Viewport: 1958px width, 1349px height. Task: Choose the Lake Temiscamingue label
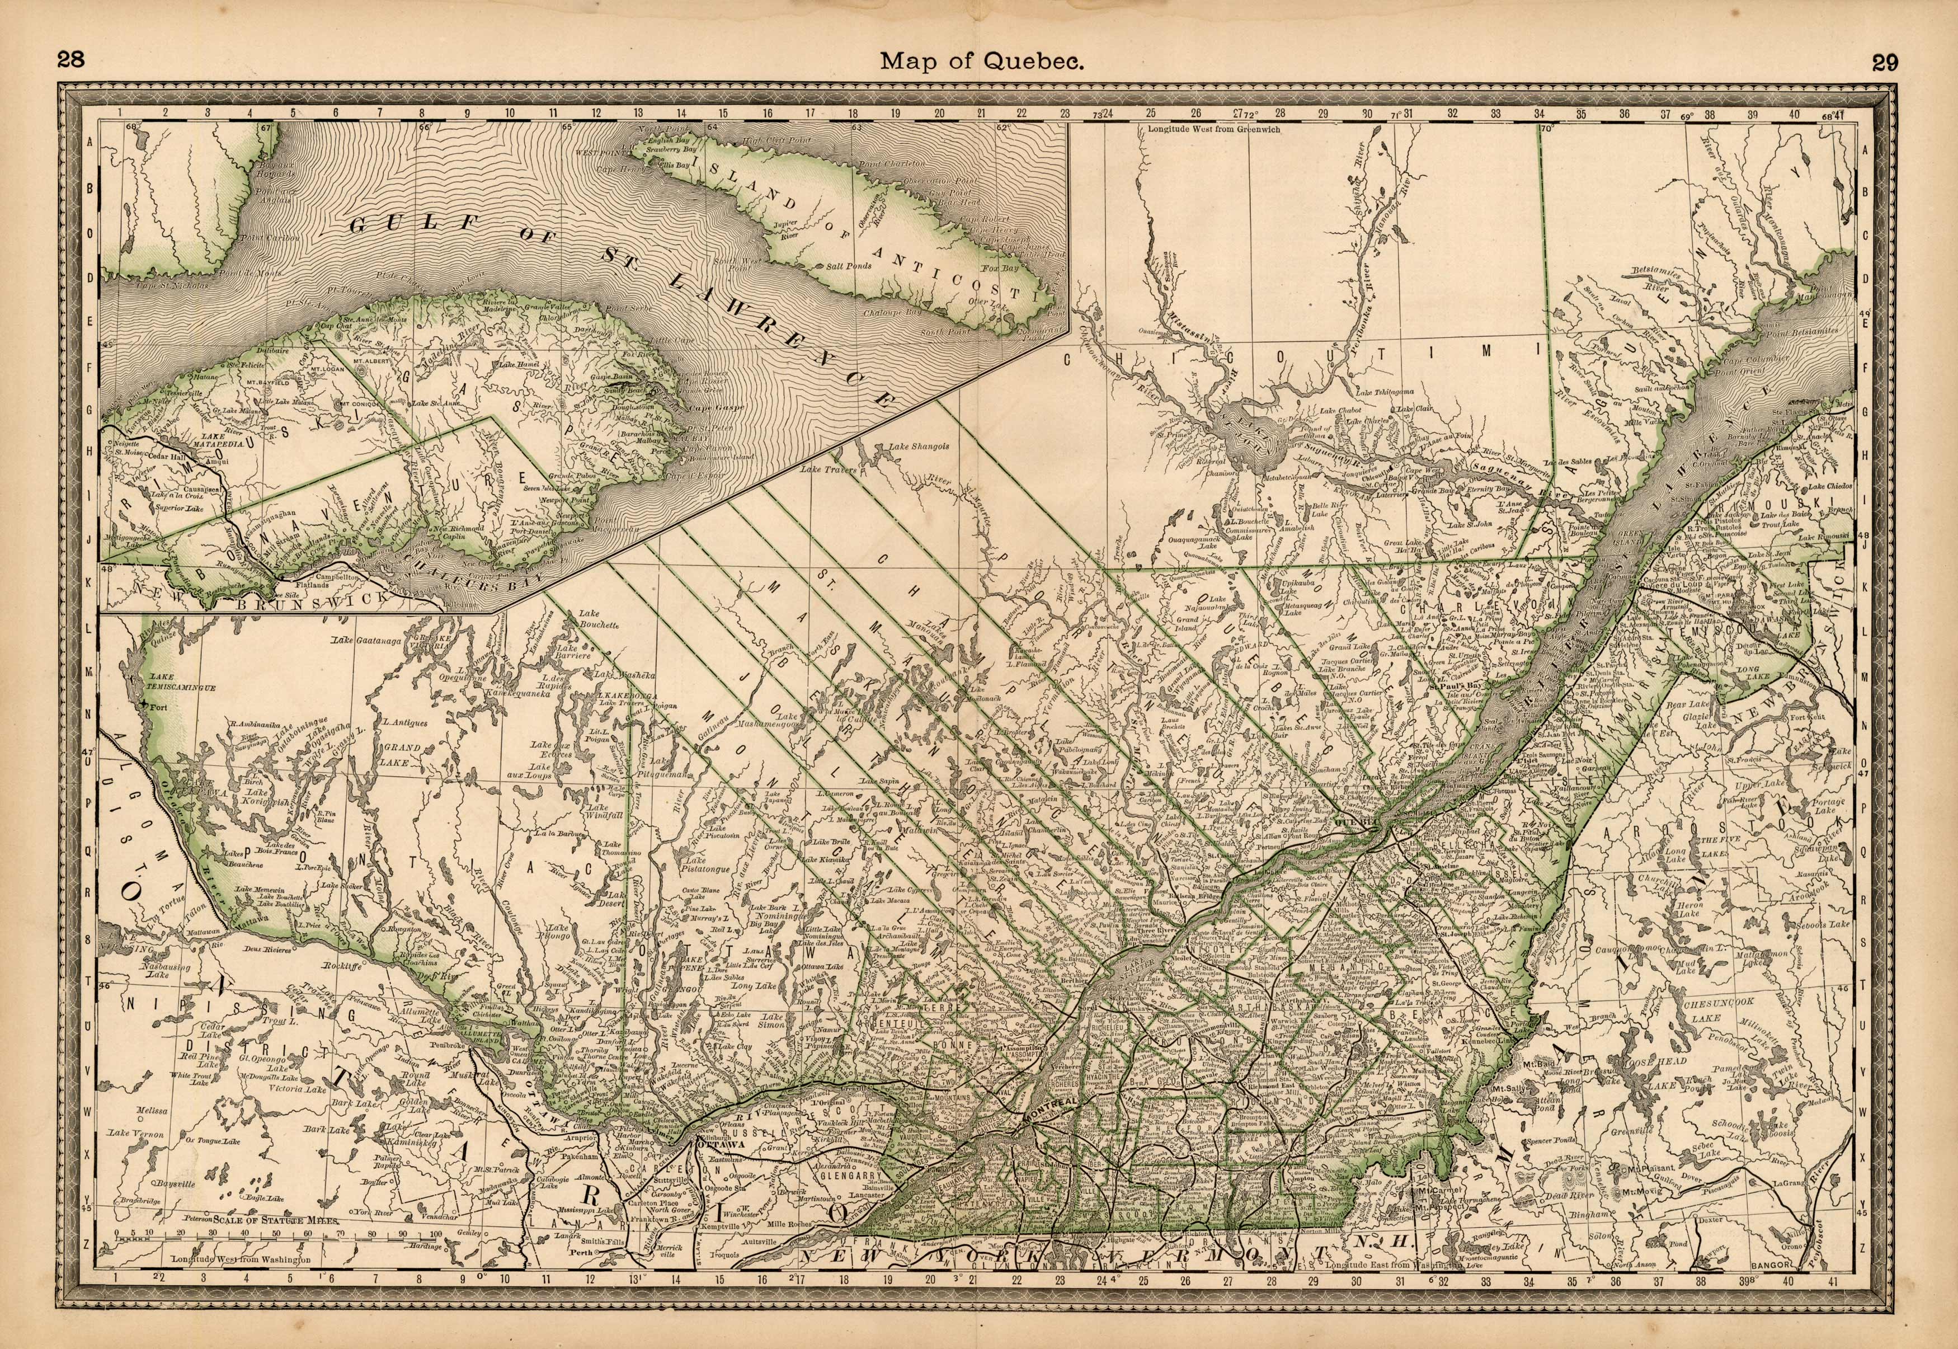click(181, 683)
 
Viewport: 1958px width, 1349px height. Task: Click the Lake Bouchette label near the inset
click(599, 619)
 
